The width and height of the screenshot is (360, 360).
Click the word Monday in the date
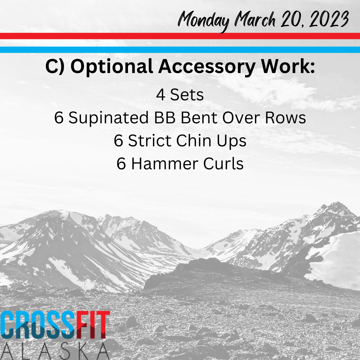point(203,21)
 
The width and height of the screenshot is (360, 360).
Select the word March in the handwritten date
point(255,19)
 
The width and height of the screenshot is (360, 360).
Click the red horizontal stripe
point(180,36)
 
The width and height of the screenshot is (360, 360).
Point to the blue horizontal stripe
point(180,50)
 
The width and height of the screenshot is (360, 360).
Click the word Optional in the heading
point(112,67)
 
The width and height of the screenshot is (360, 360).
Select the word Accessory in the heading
point(207,67)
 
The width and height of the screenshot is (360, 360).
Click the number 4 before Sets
point(161,95)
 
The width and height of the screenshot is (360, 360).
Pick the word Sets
point(187,95)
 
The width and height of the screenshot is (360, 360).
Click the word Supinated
point(108,118)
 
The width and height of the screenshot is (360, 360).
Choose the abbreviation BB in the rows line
point(165,118)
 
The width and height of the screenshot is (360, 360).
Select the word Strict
point(150,141)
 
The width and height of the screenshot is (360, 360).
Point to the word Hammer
point(165,164)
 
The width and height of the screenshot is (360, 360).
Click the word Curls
point(223,164)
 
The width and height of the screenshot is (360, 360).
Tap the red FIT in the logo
point(93,325)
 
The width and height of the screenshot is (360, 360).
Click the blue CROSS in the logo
point(38,325)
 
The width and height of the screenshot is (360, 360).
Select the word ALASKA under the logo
point(55,351)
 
